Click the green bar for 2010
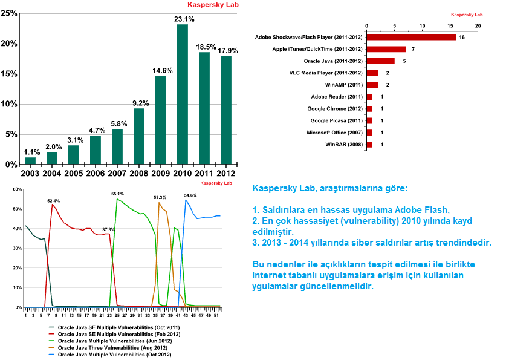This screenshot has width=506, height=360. (183, 94)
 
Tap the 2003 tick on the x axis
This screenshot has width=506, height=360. (30, 173)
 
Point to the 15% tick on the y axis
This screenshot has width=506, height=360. (10, 74)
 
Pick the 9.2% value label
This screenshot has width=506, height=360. (139, 103)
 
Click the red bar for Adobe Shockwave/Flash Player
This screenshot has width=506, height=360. (411, 38)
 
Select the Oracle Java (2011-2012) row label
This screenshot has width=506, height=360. (332, 61)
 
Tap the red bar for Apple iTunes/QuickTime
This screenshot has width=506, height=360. (386, 49)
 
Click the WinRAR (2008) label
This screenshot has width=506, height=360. (343, 145)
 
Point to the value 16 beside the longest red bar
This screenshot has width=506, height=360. (461, 38)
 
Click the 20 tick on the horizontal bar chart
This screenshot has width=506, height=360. (478, 26)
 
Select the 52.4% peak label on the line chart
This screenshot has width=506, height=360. (54, 201)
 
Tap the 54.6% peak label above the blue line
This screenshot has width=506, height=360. (190, 195)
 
